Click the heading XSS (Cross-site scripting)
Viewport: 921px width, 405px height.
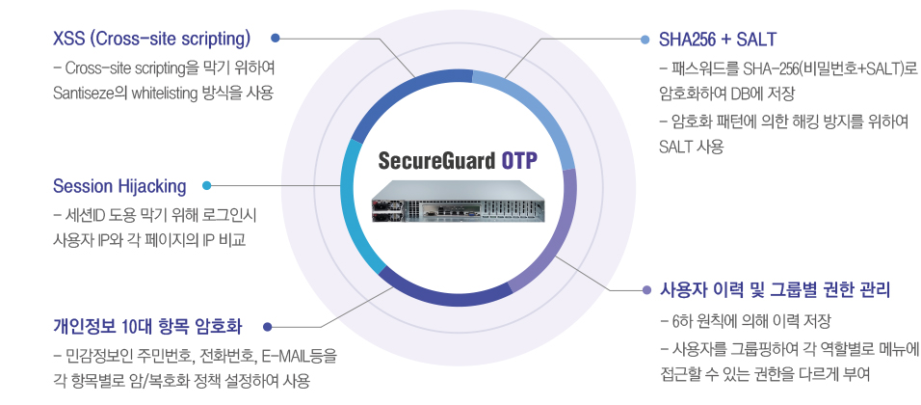(x=152, y=40)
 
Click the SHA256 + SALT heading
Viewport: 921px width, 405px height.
(x=717, y=40)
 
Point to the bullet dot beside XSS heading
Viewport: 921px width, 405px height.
(x=276, y=40)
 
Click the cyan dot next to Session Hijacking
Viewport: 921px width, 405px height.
(x=207, y=185)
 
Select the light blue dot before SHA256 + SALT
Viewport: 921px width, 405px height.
(x=645, y=40)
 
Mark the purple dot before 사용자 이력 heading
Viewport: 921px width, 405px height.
(x=645, y=289)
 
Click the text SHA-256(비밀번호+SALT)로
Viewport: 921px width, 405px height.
(x=831, y=69)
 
